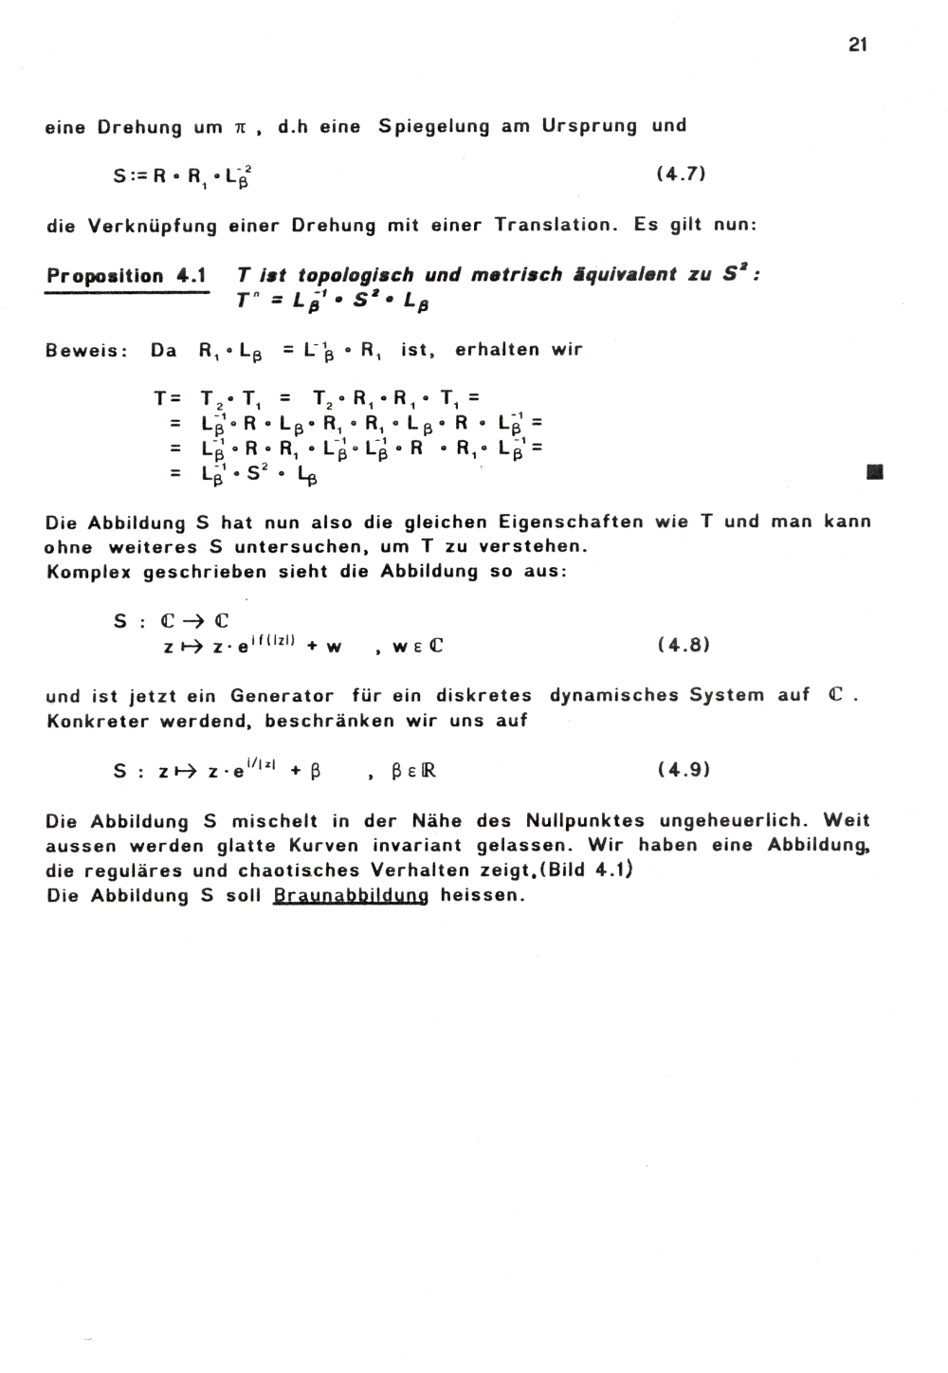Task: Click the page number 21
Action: [x=858, y=45]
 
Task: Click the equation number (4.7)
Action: [x=681, y=174]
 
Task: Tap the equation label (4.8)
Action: [x=683, y=646]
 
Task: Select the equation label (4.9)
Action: [x=683, y=770]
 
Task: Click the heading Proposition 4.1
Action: [x=126, y=277]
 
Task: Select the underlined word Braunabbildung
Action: [x=351, y=896]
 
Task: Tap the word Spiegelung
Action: [x=433, y=126]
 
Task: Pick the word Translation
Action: [x=549, y=226]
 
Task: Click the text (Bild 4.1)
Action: [x=587, y=870]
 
